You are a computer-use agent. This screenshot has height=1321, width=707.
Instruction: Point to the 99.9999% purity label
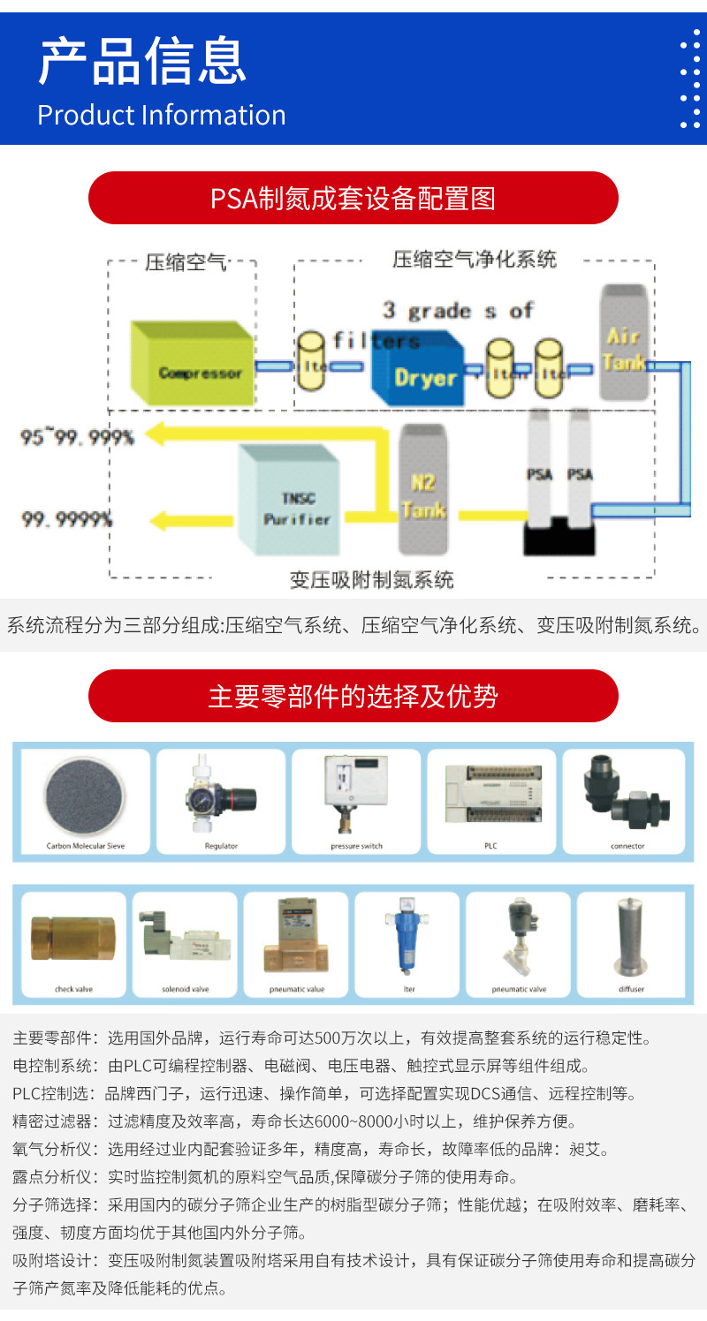click(67, 520)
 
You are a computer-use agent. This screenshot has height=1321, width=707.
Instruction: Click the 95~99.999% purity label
click(78, 436)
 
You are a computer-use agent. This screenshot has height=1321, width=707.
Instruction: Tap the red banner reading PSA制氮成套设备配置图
click(353, 198)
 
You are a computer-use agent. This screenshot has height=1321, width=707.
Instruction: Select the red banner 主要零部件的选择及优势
click(353, 696)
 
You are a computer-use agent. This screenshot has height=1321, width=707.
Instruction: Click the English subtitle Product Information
click(162, 115)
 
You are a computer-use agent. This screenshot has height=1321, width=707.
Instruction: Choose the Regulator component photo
click(221, 794)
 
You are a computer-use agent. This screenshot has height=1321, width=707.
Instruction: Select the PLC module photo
click(491, 795)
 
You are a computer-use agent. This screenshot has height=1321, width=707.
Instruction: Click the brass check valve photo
click(72, 938)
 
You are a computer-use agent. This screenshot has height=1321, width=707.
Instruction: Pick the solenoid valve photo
click(184, 938)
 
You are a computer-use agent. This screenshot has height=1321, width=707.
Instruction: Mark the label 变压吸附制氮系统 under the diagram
click(371, 580)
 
